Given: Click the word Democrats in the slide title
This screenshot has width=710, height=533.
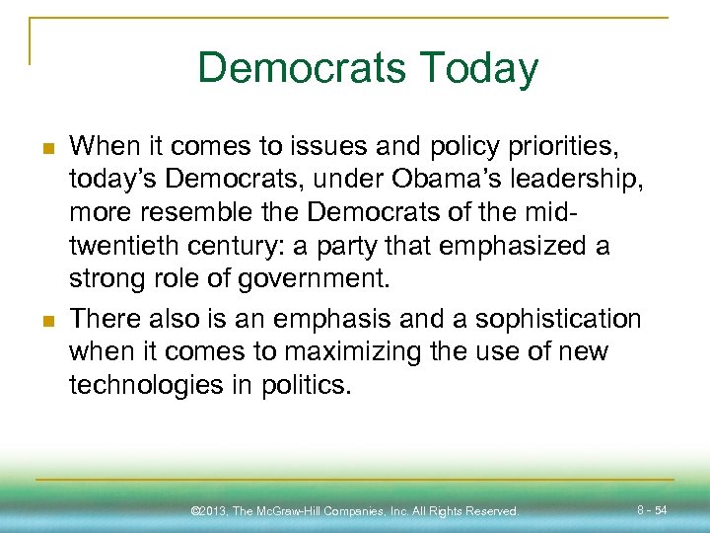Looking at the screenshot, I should tap(301, 68).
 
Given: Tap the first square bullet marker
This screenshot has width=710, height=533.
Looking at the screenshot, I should tap(45, 148).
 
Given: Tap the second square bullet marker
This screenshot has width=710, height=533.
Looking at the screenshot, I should tap(45, 320).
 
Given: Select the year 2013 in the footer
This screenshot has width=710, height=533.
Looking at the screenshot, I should tap(214, 511).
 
